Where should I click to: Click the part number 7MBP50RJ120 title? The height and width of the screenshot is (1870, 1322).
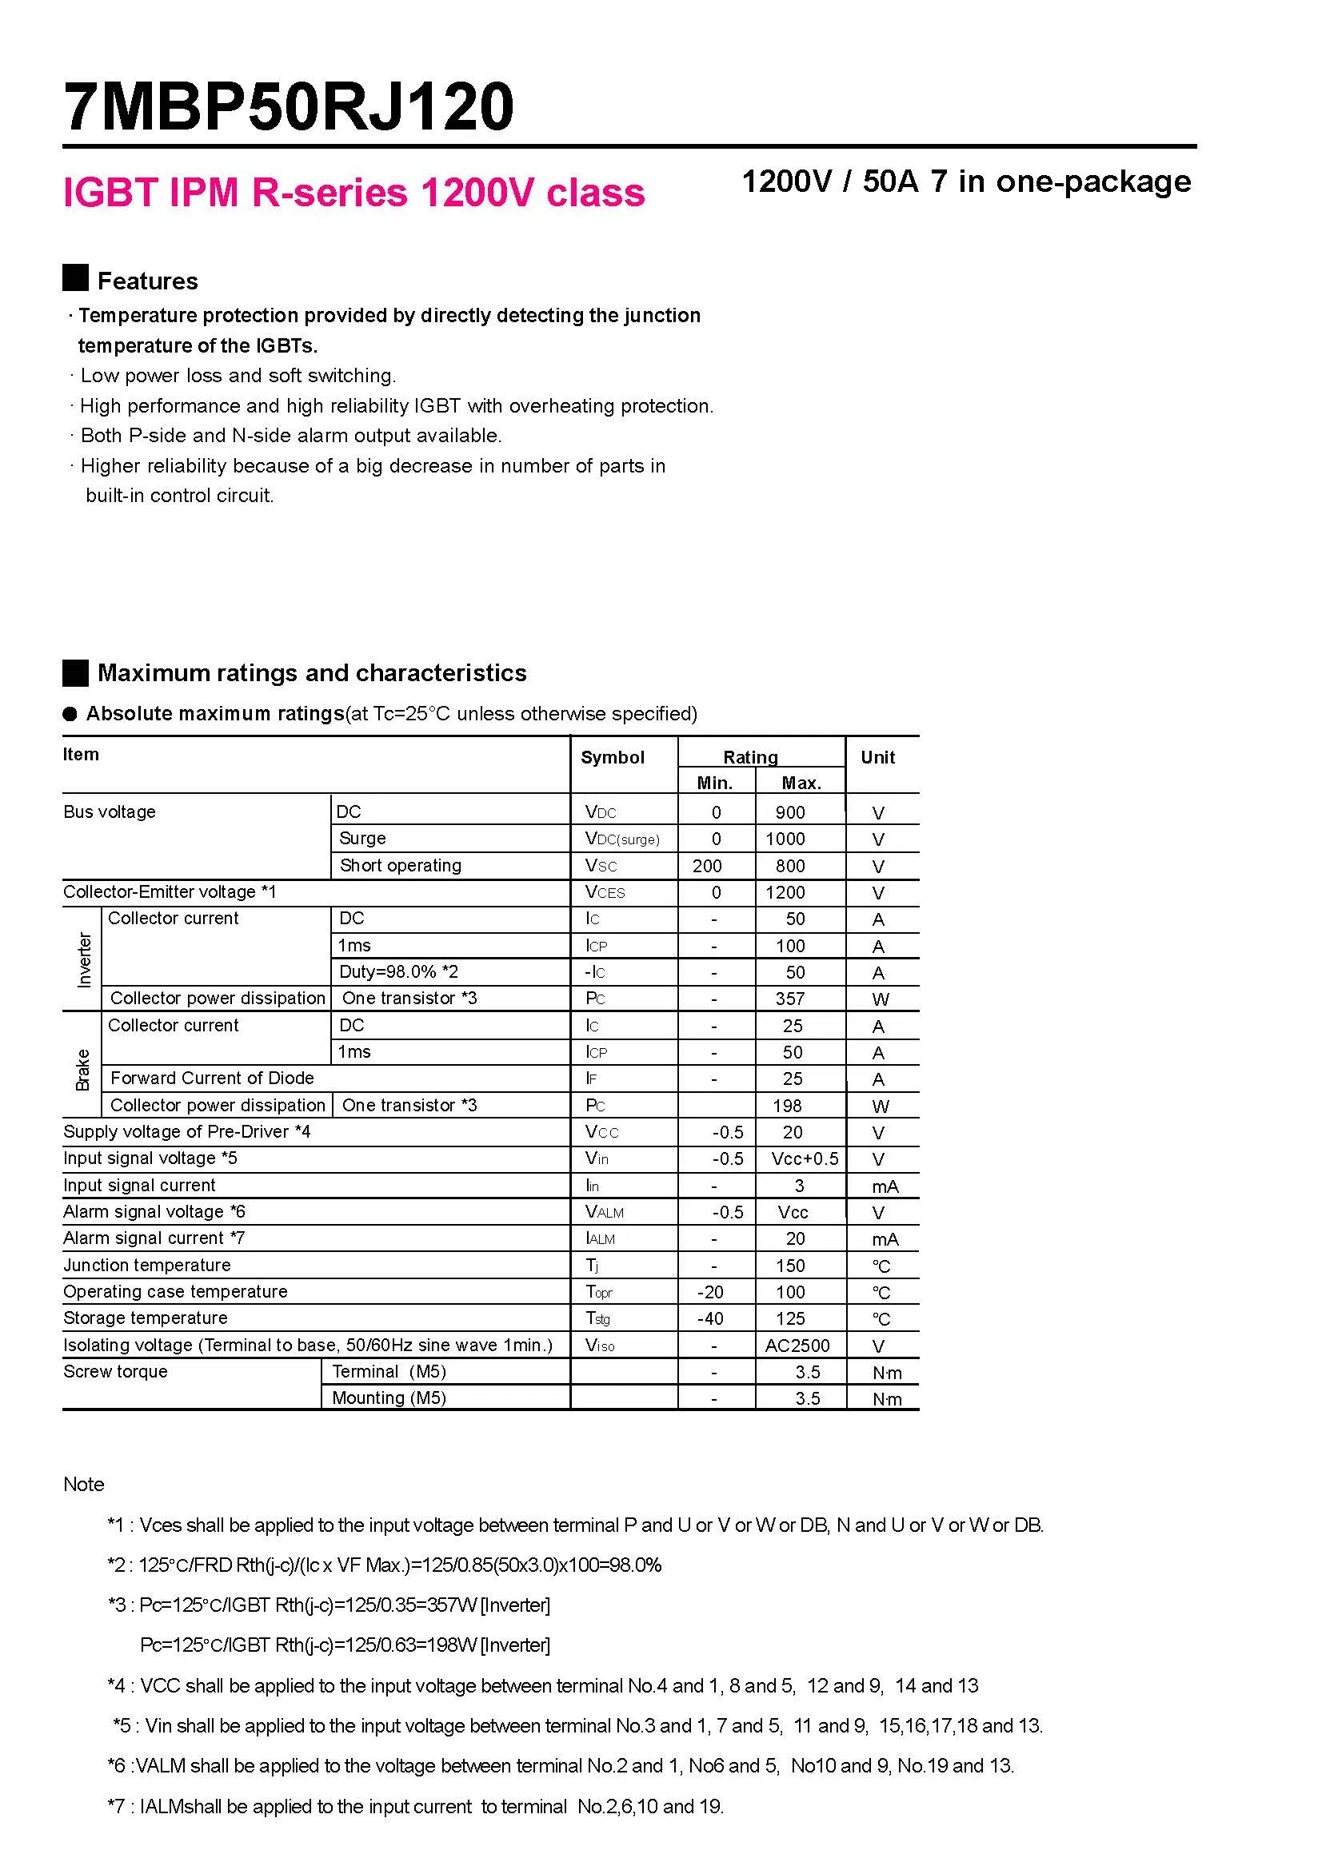[290, 106]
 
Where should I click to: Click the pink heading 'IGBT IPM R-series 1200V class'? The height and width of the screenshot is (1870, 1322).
[353, 193]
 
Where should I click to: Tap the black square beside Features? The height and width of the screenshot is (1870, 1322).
[76, 277]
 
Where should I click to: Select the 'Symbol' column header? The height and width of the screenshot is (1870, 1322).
[612, 757]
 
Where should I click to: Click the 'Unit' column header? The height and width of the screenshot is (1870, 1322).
[877, 757]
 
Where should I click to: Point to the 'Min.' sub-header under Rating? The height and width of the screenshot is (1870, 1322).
[714, 783]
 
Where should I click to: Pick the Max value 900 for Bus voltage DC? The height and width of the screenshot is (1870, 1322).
[789, 812]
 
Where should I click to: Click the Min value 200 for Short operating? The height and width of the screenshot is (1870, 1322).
[707, 866]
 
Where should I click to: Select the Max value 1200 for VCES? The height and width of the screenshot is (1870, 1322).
[785, 893]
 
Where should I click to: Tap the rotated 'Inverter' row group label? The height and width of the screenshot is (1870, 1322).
[84, 960]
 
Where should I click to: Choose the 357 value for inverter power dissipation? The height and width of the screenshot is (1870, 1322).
[789, 999]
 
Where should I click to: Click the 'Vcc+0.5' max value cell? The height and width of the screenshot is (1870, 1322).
[804, 1159]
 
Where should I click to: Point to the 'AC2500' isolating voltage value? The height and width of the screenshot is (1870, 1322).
[797, 1346]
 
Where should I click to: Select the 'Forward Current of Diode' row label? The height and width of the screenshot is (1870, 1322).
[212, 1079]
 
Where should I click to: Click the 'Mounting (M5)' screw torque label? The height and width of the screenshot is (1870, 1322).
[389, 1398]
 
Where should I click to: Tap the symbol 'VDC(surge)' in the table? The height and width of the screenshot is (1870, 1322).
[622, 839]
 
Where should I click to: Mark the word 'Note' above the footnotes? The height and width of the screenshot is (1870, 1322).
[84, 1484]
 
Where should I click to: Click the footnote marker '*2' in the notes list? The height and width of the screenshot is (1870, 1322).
[117, 1565]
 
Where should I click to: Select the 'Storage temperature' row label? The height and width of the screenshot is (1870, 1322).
[145, 1318]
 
